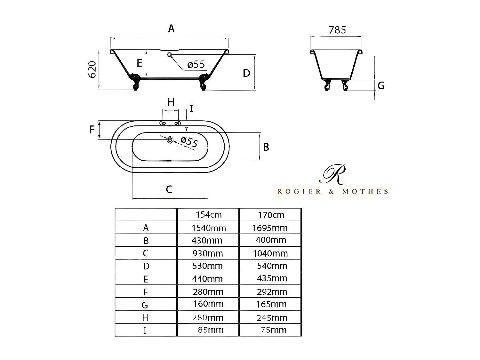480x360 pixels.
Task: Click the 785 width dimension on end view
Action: [337, 30]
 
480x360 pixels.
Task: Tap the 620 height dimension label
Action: [92, 69]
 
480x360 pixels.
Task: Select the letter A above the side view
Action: [171, 29]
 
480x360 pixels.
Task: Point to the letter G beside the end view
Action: [381, 86]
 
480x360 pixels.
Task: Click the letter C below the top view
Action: [169, 189]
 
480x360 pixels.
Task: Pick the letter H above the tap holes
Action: [171, 102]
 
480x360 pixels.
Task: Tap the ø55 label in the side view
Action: [196, 65]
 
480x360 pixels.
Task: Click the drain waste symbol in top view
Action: [170, 140]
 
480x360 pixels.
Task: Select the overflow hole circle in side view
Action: [169, 54]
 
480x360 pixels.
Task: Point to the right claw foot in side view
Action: [204, 82]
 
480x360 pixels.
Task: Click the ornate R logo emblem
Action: [333, 174]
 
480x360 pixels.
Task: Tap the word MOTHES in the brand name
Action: [365, 192]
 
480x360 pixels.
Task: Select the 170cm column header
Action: [271, 215]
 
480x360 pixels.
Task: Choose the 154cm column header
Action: [209, 215]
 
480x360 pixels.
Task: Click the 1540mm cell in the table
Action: [209, 228]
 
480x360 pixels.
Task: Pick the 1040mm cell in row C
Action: [270, 253]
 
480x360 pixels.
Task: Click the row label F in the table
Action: [146, 292]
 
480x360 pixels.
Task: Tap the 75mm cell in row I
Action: [273, 330]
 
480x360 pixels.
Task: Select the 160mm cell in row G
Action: [208, 304]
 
